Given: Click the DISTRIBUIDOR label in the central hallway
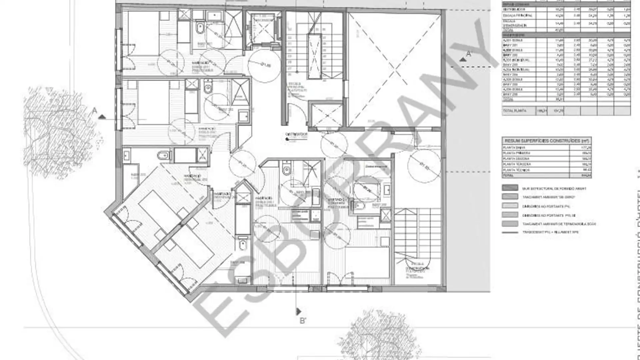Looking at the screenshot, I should (x=296, y=135).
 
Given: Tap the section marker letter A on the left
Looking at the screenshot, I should (x=95, y=110).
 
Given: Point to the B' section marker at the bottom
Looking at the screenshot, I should (x=303, y=321).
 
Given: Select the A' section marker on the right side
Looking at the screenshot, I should (x=469, y=54).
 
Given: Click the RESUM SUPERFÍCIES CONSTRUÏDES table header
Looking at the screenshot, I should (x=546, y=141).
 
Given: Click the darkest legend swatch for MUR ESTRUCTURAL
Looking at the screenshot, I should (x=510, y=188).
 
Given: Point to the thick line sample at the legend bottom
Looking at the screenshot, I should (x=510, y=232).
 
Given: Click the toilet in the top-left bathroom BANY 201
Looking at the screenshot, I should (x=200, y=28).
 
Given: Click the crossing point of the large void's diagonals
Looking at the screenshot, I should (x=395, y=70).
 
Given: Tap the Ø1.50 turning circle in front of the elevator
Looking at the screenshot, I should (x=264, y=65).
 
